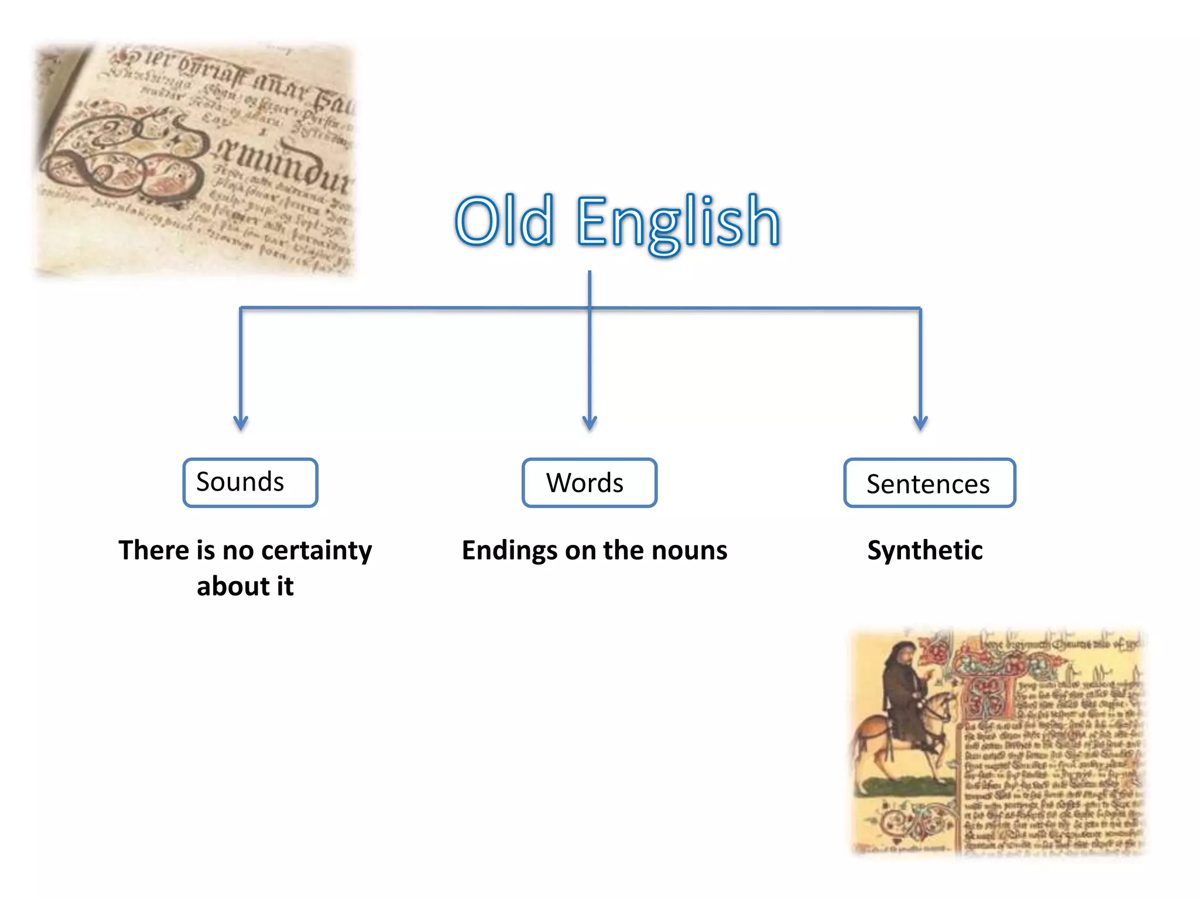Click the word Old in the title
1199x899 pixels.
504,221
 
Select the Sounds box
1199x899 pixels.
250,482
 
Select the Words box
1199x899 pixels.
589,483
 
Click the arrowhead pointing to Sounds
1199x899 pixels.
241,423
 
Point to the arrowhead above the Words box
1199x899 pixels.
590,423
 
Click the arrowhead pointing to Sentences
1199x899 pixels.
920,423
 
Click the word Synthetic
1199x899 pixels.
925,550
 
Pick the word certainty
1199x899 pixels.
316,551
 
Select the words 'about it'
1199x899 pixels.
245,586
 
